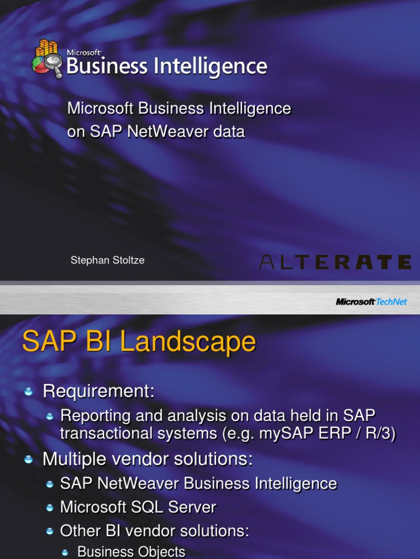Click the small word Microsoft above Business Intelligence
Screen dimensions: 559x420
(x=84, y=52)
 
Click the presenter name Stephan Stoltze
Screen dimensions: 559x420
(x=107, y=261)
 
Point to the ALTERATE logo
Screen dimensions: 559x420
(x=335, y=262)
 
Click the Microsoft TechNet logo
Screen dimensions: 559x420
(x=371, y=301)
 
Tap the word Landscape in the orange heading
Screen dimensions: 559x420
(x=188, y=342)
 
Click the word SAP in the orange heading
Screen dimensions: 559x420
(x=49, y=342)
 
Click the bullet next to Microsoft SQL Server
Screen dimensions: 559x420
(x=50, y=508)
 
